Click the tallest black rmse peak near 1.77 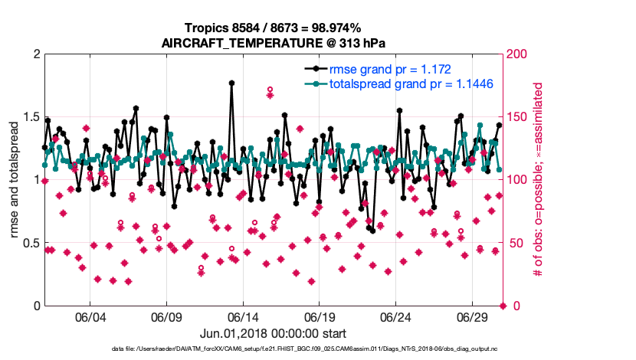point(231,83)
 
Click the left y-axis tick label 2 point(34,54)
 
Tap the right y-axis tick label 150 point(518,116)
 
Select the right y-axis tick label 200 point(518,54)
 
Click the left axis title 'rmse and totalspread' point(15,179)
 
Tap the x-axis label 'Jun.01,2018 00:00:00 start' point(272,333)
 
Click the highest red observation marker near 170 point(270,90)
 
